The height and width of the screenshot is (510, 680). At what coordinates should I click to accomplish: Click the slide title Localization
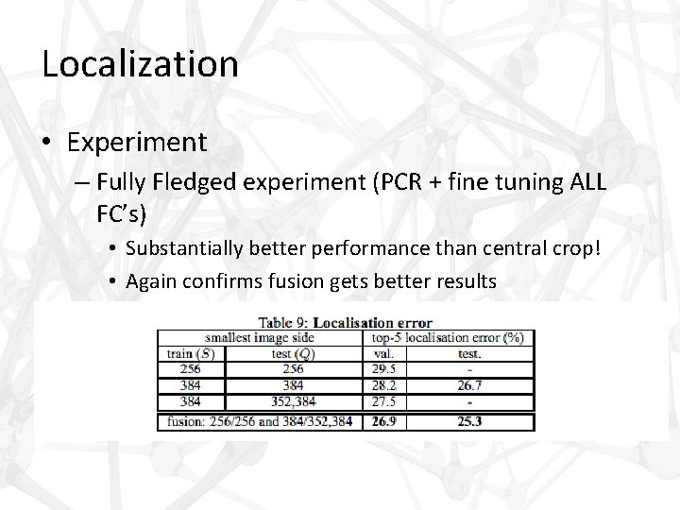tap(140, 64)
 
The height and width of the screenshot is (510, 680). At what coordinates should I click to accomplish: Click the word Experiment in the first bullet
tap(137, 142)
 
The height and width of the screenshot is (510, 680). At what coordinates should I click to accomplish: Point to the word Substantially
tap(185, 249)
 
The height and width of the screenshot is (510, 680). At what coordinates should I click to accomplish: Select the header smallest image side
tap(259, 336)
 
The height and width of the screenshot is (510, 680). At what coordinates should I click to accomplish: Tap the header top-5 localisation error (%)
tap(449, 336)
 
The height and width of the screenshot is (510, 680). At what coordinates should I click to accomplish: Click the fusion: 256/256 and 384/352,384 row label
tap(259, 421)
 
